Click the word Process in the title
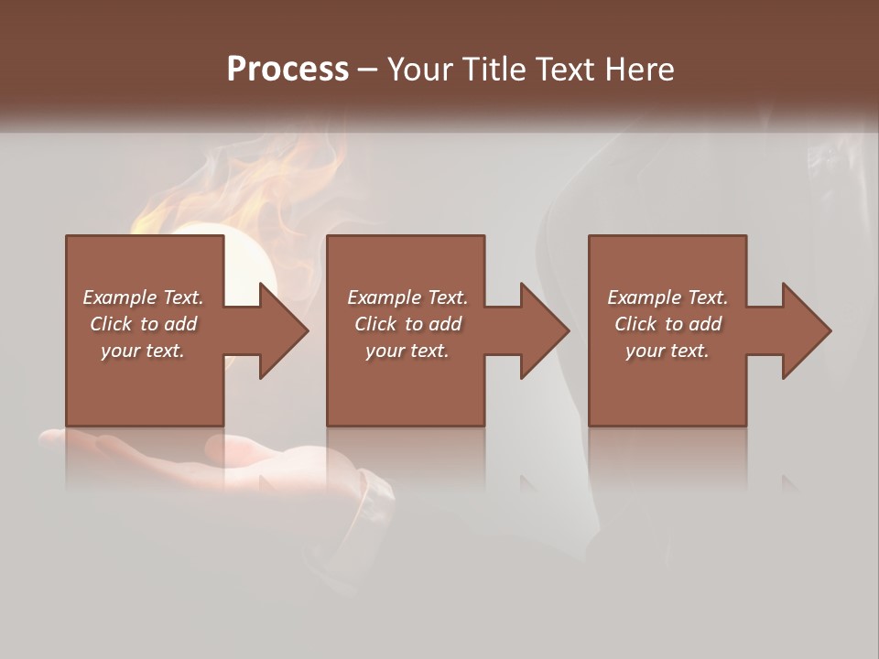pyautogui.click(x=288, y=69)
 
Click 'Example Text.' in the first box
pyautogui.click(x=143, y=297)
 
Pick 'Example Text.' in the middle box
pyautogui.click(x=407, y=297)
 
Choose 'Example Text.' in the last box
pyautogui.click(x=667, y=297)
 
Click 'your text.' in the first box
pyautogui.click(x=143, y=351)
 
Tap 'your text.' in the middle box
pyautogui.click(x=407, y=351)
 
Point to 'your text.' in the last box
pyautogui.click(x=667, y=351)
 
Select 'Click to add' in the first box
pyautogui.click(x=143, y=324)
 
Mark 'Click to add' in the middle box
pyautogui.click(x=407, y=324)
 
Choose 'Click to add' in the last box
pyautogui.click(x=667, y=324)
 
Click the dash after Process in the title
pyautogui.click(x=368, y=70)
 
